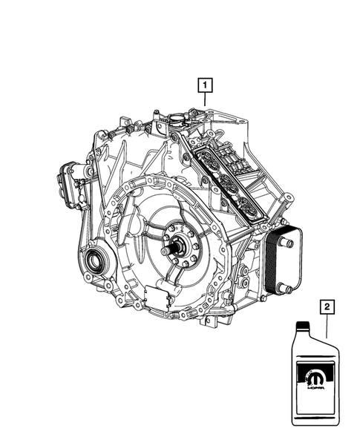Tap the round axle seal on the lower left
click(x=95, y=260)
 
